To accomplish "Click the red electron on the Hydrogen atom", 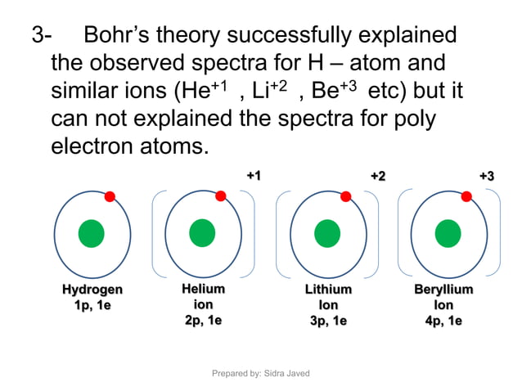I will point(110,196).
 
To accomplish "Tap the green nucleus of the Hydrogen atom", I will point(91,234).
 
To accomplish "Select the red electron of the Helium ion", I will point(220,195).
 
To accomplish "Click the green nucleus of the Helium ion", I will point(201,233).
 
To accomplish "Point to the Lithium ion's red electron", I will point(345,196).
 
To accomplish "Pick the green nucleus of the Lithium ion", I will point(326,233).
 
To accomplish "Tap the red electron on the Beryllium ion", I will point(466,196).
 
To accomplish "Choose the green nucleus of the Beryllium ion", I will point(448,233).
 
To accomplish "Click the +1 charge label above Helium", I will point(254,176).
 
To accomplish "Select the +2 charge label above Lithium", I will point(378,176).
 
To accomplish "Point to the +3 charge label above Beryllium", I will point(487,176).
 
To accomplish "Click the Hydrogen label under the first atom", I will point(92,290).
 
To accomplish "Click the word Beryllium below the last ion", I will point(443,290).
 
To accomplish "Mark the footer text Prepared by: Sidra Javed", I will point(261,373).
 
